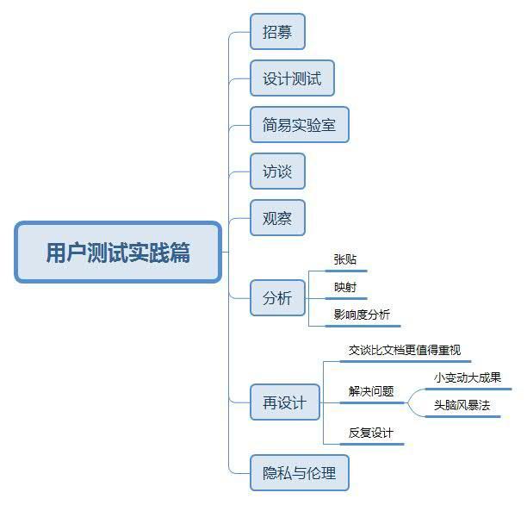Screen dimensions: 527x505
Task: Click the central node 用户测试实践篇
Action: click(x=118, y=252)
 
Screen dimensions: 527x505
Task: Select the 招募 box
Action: click(x=277, y=32)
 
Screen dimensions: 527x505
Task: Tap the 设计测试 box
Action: click(x=292, y=78)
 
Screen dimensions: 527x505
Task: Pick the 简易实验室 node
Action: click(x=300, y=125)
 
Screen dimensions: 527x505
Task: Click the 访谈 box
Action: click(x=277, y=171)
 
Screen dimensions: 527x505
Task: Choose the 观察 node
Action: click(x=277, y=218)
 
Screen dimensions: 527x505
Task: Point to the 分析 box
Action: click(x=277, y=298)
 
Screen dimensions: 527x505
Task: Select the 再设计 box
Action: click(x=285, y=402)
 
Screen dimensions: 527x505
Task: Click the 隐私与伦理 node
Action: click(x=300, y=473)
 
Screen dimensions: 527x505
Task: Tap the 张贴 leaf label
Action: click(x=345, y=259)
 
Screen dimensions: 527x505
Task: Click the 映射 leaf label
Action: click(x=345, y=287)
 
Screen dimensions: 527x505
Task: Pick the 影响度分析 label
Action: click(x=362, y=315)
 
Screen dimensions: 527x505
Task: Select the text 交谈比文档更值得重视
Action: click(x=405, y=350)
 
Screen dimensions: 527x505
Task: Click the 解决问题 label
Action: click(x=371, y=391)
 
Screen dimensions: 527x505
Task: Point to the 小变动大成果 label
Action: click(x=468, y=377)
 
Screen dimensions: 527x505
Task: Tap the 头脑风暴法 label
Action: click(x=462, y=405)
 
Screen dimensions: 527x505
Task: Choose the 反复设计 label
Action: click(x=371, y=433)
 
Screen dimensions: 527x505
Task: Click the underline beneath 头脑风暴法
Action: click(x=462, y=416)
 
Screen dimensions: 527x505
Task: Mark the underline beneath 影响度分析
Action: click(x=363, y=326)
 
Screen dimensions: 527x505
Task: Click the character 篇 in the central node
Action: click(x=180, y=253)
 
